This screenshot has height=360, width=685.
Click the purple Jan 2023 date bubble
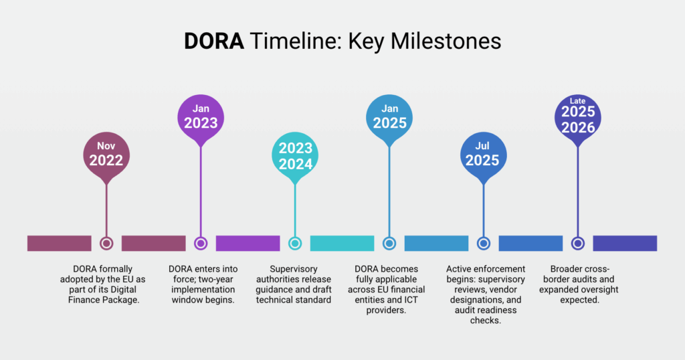tap(201, 118)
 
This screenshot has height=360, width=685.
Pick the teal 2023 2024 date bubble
tap(295, 155)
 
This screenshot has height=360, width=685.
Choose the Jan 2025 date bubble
tap(389, 118)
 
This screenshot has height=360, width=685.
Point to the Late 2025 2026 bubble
tap(578, 118)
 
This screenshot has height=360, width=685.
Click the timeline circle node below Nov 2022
tap(106, 244)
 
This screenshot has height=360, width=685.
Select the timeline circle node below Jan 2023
tap(201, 244)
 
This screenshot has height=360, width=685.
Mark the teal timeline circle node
tap(295, 244)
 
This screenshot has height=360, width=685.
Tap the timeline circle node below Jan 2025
tap(389, 244)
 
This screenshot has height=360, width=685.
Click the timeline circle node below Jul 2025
tap(484, 244)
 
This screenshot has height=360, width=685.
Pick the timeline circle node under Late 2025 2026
tap(578, 244)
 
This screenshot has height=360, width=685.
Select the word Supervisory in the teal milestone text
tap(295, 268)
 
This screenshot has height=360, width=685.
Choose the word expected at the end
tap(579, 300)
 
